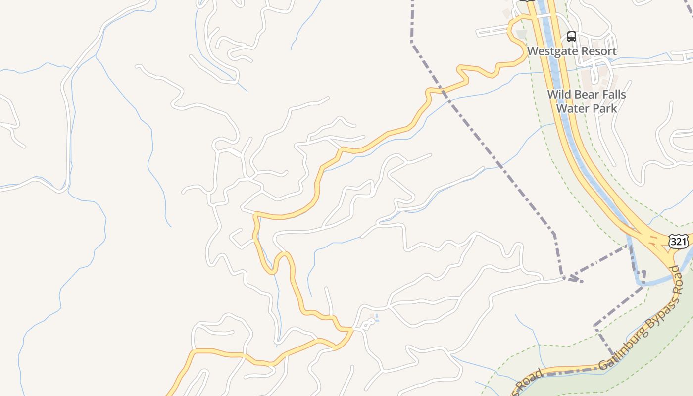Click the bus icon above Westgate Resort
pyautogui.click(x=571, y=36)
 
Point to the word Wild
pyautogui.click(x=559, y=95)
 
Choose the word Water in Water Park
pyautogui.click(x=572, y=108)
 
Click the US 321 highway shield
pyautogui.click(x=677, y=242)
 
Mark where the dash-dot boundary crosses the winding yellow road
pyautogui.click(x=442, y=91)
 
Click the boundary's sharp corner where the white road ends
pyautogui.click(x=564, y=278)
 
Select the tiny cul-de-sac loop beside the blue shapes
pyautogui.click(x=368, y=323)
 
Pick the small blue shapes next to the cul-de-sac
pyautogui.click(x=376, y=318)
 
